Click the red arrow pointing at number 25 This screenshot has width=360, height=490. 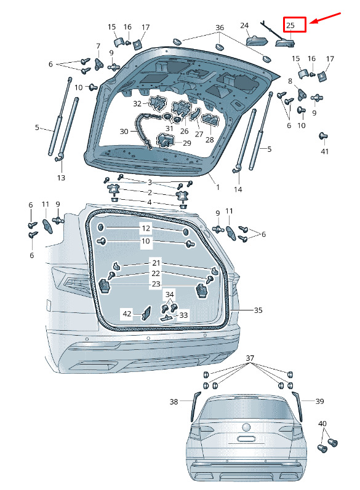click(326, 18)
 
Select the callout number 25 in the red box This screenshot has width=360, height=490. click(290, 25)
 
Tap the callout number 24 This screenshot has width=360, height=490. click(244, 25)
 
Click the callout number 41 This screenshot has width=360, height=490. click(325, 152)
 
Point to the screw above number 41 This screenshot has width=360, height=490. click(323, 136)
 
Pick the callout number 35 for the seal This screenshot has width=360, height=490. click(258, 310)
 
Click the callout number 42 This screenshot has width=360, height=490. click(127, 314)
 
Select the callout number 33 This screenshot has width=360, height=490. click(183, 315)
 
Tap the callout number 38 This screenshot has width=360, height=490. click(174, 401)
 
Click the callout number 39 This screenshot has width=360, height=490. click(319, 401)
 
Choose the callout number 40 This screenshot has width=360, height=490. click(322, 424)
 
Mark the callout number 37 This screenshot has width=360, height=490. click(250, 358)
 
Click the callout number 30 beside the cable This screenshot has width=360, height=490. click(124, 132)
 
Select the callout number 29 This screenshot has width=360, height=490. click(186, 143)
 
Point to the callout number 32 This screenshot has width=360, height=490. click(137, 103)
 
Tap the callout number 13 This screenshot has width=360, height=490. click(61, 178)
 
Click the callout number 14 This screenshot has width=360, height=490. click(238, 189)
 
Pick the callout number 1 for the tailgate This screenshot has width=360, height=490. click(218, 188)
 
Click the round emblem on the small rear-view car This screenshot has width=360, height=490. click(247, 427)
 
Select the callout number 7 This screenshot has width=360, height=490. click(98, 46)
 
